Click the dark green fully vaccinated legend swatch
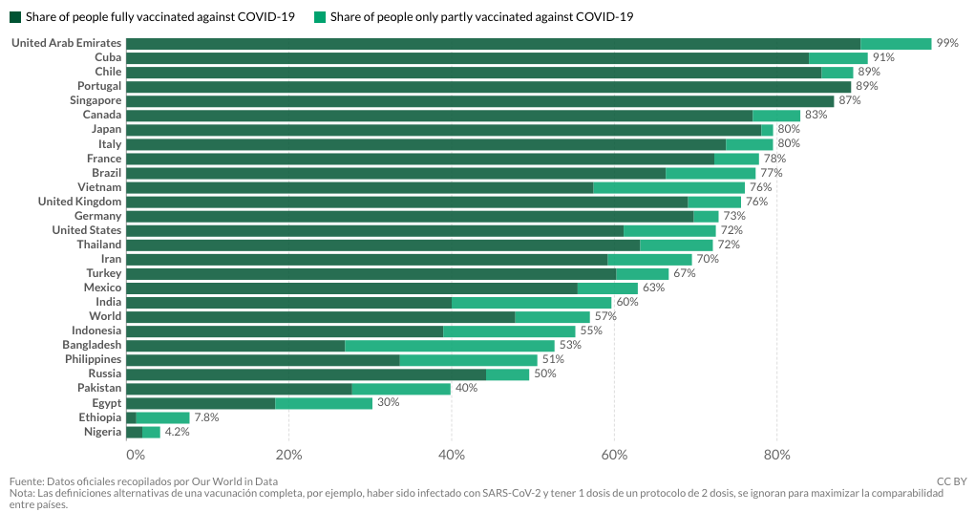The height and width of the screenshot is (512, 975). point(15,17)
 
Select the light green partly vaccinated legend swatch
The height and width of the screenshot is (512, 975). point(320,17)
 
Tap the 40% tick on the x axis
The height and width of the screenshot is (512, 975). point(452,455)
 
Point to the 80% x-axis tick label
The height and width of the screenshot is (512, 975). point(776,455)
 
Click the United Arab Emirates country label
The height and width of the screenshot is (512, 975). point(67,43)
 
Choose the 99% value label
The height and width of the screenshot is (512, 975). point(947,43)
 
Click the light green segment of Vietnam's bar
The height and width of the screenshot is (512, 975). point(669,187)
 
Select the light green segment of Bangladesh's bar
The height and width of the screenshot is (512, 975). point(450,345)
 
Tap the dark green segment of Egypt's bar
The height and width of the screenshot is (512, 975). point(201,403)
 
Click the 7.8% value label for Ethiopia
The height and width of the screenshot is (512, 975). point(206,417)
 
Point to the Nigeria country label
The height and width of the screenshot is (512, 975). point(102,432)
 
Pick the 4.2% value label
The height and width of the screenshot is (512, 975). point(178,432)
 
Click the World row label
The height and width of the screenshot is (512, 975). point(105,316)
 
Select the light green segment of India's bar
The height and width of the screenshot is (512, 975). point(532,303)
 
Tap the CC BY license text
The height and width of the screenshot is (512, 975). point(952,481)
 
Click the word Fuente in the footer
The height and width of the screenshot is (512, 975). point(26,481)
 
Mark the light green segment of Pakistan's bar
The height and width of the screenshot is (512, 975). point(401,389)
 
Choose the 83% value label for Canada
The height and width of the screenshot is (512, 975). point(816,115)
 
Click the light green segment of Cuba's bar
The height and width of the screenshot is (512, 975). point(838,58)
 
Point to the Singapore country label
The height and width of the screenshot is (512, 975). point(95,101)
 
